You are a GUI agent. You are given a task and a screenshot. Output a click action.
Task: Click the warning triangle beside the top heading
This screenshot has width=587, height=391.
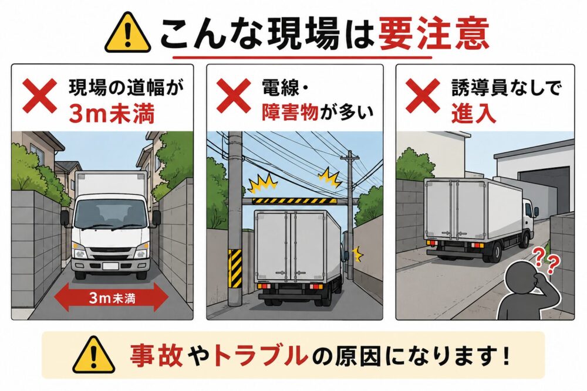coord(127,33)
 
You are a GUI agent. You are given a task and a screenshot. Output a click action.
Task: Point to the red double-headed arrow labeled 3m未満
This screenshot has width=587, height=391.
coord(112,297)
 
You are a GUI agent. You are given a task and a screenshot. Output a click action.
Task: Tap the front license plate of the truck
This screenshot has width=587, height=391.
coord(111,266)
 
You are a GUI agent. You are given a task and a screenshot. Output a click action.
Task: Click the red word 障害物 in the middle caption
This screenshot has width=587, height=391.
coord(290,112)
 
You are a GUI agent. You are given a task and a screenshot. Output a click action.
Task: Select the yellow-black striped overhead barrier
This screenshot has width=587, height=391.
coord(289,201)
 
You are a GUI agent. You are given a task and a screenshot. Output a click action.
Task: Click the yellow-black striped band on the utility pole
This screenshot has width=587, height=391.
coord(235,268)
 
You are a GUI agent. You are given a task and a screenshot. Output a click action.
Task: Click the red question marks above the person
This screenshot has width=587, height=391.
coord(545,260)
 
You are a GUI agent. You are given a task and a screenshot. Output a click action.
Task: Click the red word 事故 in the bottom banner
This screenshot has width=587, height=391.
coord(157,355)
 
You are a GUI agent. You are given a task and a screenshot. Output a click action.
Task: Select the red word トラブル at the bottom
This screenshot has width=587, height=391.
coord(259,355)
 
